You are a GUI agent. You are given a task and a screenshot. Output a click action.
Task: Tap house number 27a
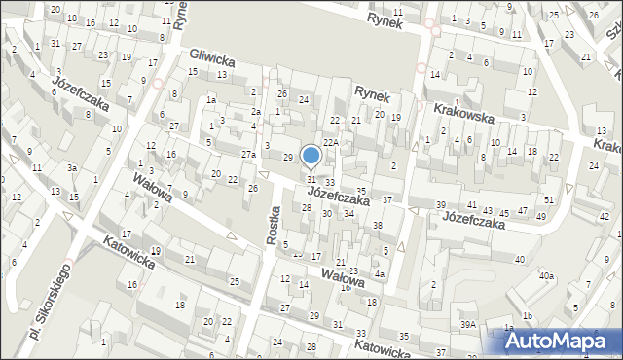(248, 155)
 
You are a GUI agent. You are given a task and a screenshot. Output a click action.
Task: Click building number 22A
(331, 143)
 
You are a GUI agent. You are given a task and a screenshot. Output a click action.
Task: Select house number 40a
(546, 276)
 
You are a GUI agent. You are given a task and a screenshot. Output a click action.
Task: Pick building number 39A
(469, 325)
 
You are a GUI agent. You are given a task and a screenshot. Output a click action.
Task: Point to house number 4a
(381, 273)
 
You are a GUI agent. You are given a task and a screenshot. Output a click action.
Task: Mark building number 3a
(72, 168)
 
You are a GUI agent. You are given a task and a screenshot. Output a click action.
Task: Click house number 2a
(255, 112)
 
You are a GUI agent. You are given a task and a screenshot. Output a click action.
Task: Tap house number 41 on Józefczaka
(472, 205)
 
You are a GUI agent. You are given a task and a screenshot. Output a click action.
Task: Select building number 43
(489, 210)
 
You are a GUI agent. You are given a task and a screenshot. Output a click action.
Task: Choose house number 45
(505, 211)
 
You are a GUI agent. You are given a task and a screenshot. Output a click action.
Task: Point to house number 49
(540, 216)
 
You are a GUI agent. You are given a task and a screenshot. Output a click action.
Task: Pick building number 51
(549, 199)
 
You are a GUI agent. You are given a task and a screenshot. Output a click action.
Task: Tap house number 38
(378, 225)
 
